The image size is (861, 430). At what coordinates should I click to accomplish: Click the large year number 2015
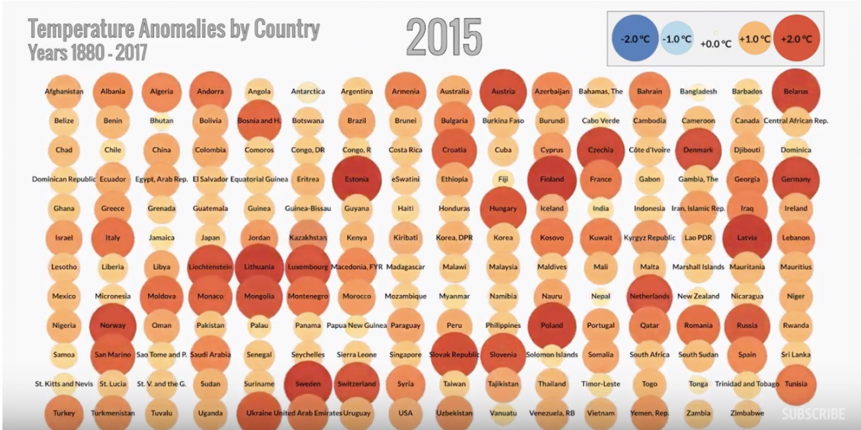pyautogui.click(x=444, y=36)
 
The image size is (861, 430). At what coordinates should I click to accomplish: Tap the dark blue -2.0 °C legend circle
pyautogui.click(x=634, y=39)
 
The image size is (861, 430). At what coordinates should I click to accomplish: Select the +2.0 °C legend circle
pyautogui.click(x=796, y=39)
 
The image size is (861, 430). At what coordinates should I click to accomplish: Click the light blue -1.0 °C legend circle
pyautogui.click(x=676, y=39)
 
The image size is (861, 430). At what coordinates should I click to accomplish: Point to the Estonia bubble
pyautogui.click(x=357, y=179)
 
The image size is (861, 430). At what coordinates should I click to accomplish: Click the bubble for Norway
pyautogui.click(x=113, y=326)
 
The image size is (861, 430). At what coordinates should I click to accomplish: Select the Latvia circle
pyautogui.click(x=747, y=237)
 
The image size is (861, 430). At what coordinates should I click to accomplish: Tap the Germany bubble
pyautogui.click(x=796, y=179)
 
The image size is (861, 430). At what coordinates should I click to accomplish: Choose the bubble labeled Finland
pyautogui.click(x=552, y=179)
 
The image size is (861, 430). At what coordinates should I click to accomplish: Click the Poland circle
pyautogui.click(x=552, y=326)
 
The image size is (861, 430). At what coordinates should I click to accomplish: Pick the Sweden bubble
pyautogui.click(x=307, y=384)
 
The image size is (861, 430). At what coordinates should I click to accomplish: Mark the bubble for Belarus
pyautogui.click(x=796, y=91)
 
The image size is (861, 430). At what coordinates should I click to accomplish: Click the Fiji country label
pyautogui.click(x=503, y=179)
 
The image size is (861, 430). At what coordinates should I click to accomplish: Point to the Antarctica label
pyautogui.click(x=308, y=91)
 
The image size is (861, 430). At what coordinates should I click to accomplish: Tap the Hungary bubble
pyautogui.click(x=503, y=208)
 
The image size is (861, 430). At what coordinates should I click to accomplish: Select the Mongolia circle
pyautogui.click(x=259, y=296)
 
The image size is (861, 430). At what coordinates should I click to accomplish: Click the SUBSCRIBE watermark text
pyautogui.click(x=813, y=414)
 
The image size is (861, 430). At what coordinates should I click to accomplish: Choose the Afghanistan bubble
pyautogui.click(x=64, y=91)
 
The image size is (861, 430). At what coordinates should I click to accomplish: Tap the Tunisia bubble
pyautogui.click(x=796, y=384)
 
